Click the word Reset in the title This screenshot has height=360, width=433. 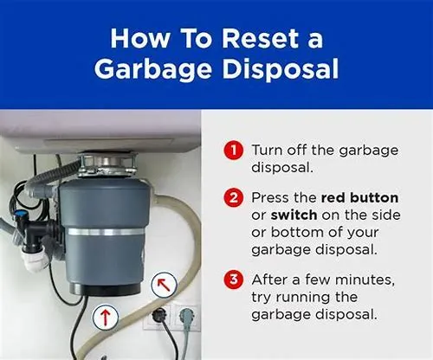pos(261,38)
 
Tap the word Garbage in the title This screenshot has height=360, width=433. pos(153,69)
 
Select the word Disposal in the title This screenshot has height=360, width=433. pos(281,69)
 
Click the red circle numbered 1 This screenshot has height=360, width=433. pos(234,150)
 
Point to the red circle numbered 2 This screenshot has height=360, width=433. pos(234,197)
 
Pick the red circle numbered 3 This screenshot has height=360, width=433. pos(234,280)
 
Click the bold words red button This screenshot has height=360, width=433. pos(359,197)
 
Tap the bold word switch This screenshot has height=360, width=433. pos(294,215)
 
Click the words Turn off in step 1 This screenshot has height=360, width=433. pos(278,150)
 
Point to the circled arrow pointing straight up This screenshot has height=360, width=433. pos(106,316)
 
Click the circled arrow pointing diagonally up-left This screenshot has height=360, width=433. pos(164,285)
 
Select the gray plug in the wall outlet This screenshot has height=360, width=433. pos(186,315)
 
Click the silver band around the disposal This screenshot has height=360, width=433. pos(106,232)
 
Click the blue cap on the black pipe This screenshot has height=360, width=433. pos(18,215)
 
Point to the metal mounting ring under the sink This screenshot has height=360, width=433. pos(107,165)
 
